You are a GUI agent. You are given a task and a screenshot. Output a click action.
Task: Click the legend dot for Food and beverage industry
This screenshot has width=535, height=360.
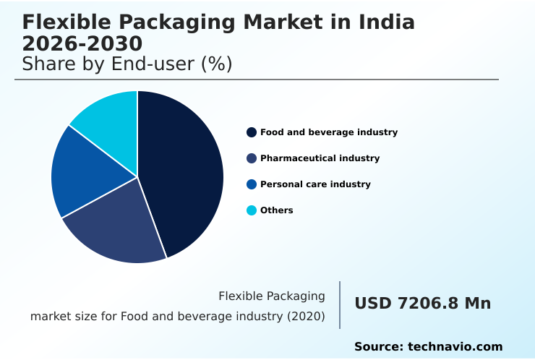[x=252, y=132]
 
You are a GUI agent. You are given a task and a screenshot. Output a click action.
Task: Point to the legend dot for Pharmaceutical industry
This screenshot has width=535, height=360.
[x=252, y=158]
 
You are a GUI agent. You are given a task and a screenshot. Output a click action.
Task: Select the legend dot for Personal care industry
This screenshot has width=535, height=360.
[x=252, y=184]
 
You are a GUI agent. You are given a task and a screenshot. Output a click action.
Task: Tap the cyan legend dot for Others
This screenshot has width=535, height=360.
[x=252, y=210]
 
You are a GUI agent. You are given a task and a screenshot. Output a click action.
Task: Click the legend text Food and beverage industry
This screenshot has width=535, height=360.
[x=329, y=132]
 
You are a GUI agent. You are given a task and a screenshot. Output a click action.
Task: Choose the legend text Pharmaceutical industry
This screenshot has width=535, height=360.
[x=320, y=158]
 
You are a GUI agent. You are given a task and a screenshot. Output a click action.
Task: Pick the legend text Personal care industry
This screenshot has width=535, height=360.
[x=315, y=184]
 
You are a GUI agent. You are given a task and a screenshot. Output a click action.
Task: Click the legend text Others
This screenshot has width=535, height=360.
[x=277, y=210]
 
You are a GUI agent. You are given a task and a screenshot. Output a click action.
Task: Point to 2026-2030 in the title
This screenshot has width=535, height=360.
[x=82, y=44]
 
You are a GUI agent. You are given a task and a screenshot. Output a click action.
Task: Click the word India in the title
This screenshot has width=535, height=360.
[x=387, y=22]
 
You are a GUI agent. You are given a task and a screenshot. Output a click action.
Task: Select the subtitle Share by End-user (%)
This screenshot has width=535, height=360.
[x=127, y=64]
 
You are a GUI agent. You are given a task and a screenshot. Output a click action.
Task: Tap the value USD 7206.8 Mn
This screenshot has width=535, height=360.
[x=422, y=304]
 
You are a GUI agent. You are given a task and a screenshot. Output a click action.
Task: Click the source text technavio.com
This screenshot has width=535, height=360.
[x=455, y=347]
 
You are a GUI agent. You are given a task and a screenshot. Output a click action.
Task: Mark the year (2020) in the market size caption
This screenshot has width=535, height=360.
[x=307, y=317]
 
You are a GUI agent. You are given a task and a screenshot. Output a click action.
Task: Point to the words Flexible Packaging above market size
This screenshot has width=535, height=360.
[x=271, y=296]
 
